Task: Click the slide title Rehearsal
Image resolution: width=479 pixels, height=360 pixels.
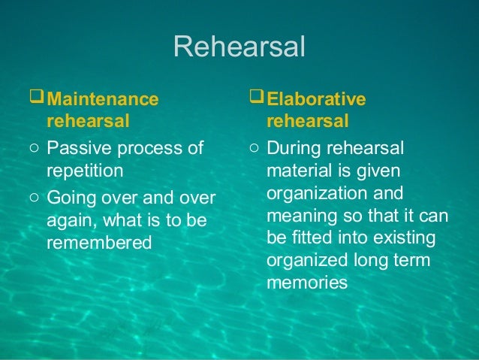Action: point(239,47)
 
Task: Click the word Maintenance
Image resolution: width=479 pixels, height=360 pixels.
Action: point(103,99)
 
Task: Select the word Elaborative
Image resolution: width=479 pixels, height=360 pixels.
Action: point(316,99)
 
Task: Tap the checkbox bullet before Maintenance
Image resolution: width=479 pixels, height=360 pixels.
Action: point(38,98)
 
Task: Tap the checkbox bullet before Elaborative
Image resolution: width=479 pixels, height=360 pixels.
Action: point(257,98)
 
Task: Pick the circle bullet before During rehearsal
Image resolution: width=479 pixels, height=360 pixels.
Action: point(255,148)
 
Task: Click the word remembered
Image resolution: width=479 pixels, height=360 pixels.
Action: point(99,243)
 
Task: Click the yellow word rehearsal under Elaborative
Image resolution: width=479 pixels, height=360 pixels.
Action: point(307,121)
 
